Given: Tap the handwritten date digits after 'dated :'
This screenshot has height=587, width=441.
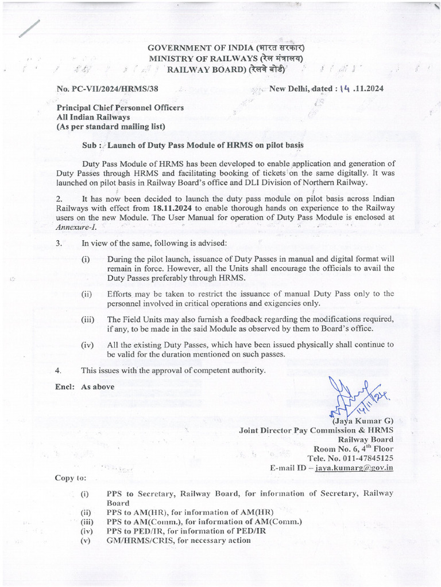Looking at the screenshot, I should tap(345, 88).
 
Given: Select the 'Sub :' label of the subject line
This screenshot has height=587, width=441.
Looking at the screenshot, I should tap(92, 146).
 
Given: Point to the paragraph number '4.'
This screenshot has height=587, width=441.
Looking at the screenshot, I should tap(59, 370).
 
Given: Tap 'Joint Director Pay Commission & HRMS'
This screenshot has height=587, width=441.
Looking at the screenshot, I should tap(316, 429).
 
